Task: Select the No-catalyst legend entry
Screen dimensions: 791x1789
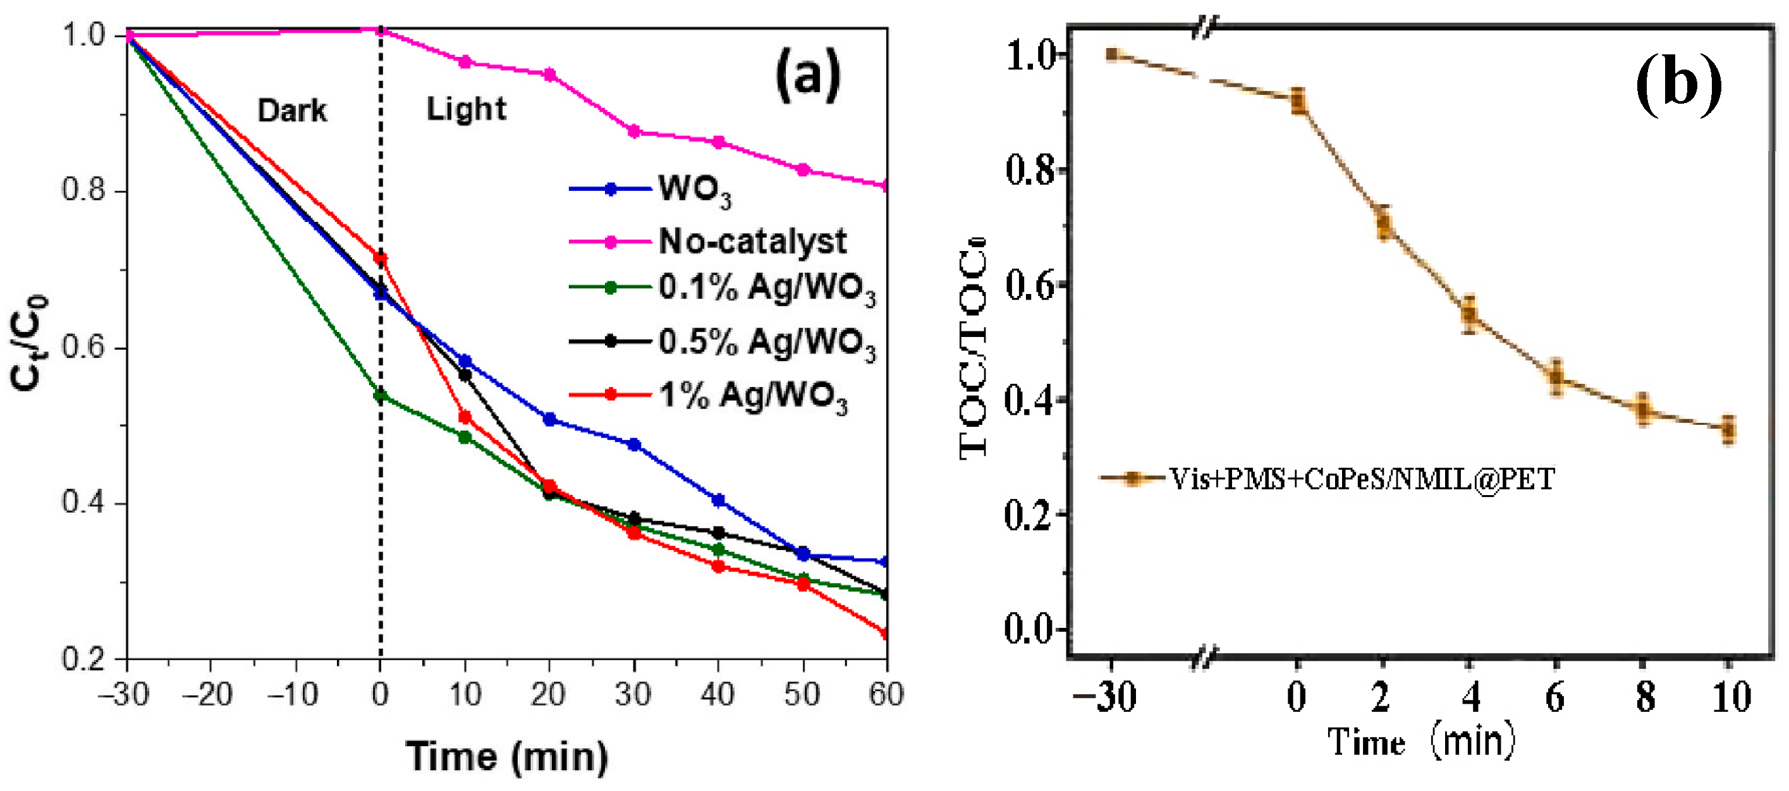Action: [752, 242]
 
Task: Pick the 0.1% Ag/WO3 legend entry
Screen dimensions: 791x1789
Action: [766, 288]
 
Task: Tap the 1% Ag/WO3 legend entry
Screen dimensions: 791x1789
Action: [752, 395]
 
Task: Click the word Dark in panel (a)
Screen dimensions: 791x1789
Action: [291, 111]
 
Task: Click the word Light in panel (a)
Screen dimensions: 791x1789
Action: [466, 109]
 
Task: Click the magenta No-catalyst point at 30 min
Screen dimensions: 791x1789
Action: [633, 132]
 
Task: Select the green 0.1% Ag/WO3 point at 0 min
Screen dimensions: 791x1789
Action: [380, 395]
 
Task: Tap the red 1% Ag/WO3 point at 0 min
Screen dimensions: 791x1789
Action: [380, 259]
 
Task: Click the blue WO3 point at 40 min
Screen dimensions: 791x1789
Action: [718, 500]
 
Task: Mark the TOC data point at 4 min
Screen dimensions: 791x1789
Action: [1468, 314]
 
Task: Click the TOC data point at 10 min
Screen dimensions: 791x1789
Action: [1728, 429]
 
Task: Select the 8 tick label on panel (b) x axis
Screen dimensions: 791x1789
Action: [1644, 697]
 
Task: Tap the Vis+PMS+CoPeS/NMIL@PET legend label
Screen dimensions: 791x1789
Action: [1361, 479]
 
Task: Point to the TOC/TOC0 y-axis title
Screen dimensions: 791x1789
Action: [974, 347]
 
